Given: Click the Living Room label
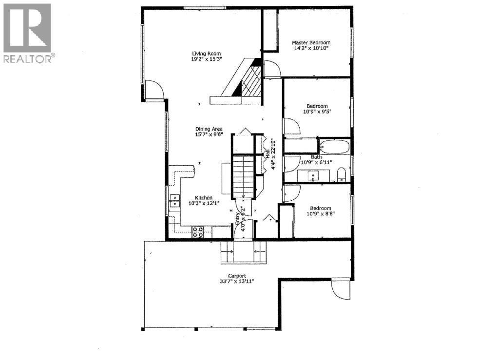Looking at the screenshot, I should pos(206,54).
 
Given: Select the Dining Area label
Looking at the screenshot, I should pos(209,129).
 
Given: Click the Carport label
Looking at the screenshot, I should pos(230,275).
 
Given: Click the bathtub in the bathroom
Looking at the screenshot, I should pos(335,146).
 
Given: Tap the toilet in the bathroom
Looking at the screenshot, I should pos(341,174).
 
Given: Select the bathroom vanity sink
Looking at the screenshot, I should pos(313,175).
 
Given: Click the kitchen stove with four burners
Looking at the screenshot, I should pos(198,232).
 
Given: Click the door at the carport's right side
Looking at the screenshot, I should pos(339,289).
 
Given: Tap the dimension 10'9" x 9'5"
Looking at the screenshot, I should pos(317,112).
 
